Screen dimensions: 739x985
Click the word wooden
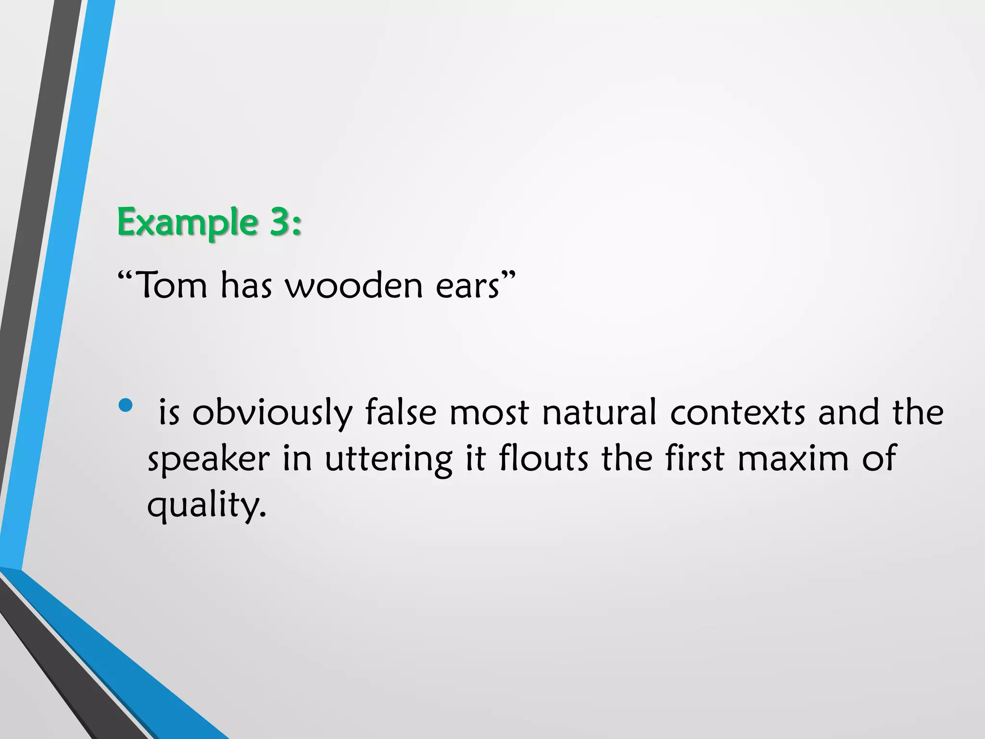point(354,285)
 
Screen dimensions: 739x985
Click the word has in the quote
point(246,285)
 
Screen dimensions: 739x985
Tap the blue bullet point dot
point(125,405)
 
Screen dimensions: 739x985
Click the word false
point(401,412)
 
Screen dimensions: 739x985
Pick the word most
point(489,413)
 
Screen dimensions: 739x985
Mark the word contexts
point(737,413)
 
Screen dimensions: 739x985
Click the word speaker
point(209,459)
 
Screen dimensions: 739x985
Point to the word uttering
point(389,459)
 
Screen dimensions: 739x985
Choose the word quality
point(206,505)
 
